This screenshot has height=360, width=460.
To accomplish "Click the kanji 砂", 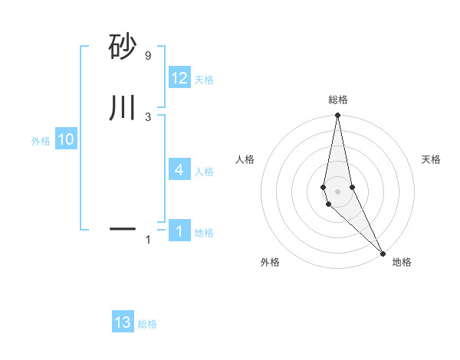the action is pos(122,47).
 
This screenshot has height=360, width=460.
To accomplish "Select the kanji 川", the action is pos(122,107).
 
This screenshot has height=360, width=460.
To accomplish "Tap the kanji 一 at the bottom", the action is pos(122,228).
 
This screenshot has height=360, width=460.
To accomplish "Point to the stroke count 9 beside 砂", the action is pos(148,56).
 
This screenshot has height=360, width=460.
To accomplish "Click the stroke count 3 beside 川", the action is pos(148,116).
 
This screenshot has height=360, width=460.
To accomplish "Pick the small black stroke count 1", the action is pos(148,241).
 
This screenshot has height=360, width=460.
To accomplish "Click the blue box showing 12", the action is pos(179,78).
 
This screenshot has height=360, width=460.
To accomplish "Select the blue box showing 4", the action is pos(179,170).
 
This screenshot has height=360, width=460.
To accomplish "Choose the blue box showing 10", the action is pos(66,139).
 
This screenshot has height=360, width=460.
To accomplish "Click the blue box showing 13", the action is pos(123,322).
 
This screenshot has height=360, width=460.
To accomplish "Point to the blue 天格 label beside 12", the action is pos(204,80).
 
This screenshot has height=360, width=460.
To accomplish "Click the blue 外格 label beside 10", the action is pos(41,141).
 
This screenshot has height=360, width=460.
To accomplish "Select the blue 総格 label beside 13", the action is pos(147,324).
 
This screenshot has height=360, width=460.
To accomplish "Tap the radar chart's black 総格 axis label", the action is pos(338,100).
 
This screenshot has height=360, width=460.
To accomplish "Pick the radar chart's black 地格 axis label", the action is pos(402,262).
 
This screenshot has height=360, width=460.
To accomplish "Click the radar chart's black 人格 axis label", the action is pos(245,159).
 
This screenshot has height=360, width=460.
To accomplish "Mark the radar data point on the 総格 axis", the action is pos(338,116).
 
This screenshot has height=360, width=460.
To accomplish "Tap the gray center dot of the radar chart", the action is pos(338,191).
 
